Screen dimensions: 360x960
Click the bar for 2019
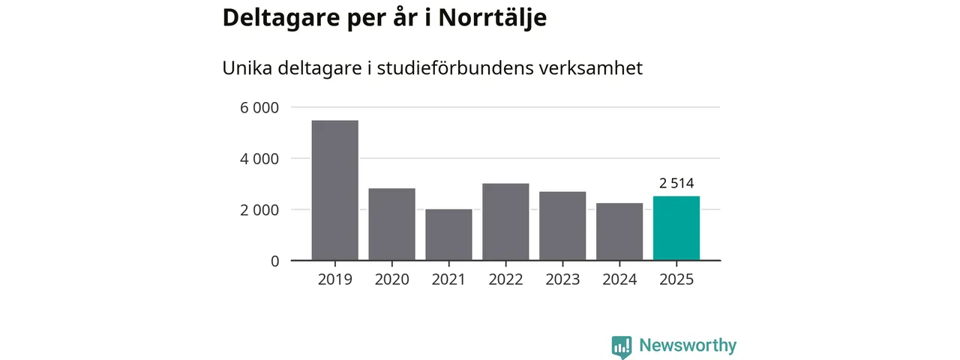pyautogui.click(x=334, y=190)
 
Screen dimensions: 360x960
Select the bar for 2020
pyautogui.click(x=391, y=224)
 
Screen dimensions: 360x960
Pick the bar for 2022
pyautogui.click(x=505, y=222)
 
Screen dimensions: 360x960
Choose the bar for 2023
pyautogui.click(x=562, y=226)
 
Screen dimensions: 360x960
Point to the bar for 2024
pyautogui.click(x=619, y=232)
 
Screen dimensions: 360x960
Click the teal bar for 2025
pyautogui.click(x=676, y=228)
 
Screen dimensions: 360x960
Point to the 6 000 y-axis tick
pyautogui.click(x=259, y=108)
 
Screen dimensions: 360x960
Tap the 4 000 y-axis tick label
pyautogui.click(x=259, y=159)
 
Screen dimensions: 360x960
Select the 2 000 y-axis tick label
pyautogui.click(x=259, y=210)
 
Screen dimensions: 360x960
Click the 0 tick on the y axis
pyautogui.click(x=274, y=261)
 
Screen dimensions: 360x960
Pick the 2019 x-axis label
pyautogui.click(x=334, y=280)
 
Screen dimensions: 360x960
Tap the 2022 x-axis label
pyautogui.click(x=505, y=280)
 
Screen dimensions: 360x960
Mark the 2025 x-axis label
pyautogui.click(x=676, y=280)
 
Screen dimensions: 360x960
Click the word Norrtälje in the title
pyautogui.click(x=492, y=19)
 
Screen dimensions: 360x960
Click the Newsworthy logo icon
pyautogui.click(x=622, y=346)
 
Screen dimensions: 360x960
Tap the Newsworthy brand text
pyautogui.click(x=688, y=346)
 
